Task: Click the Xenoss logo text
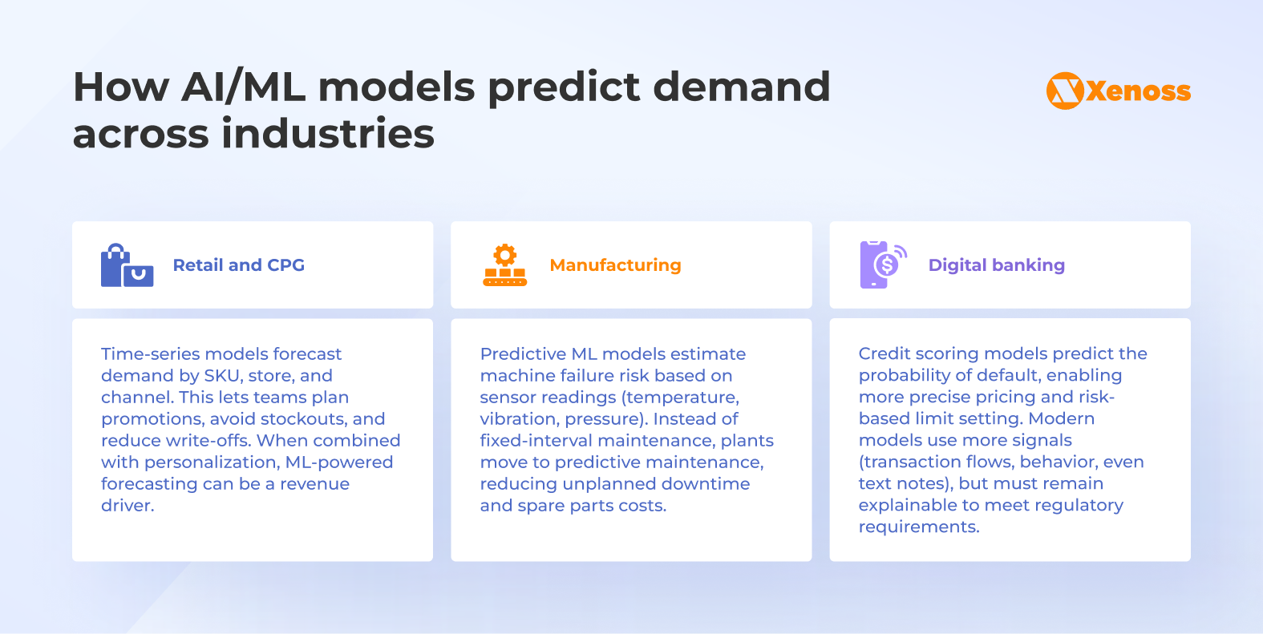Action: pos(1138,91)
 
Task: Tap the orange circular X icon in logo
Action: pos(1065,91)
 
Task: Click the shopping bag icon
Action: pos(127,265)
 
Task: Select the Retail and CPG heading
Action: pos(238,265)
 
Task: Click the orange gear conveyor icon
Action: pos(504,265)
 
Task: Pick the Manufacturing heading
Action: pos(615,265)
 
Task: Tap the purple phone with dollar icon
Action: pos(881,265)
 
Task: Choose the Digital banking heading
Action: pos(996,265)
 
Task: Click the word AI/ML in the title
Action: pos(243,87)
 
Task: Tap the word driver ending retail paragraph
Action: pos(127,506)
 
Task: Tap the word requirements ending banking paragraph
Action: pos(918,527)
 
